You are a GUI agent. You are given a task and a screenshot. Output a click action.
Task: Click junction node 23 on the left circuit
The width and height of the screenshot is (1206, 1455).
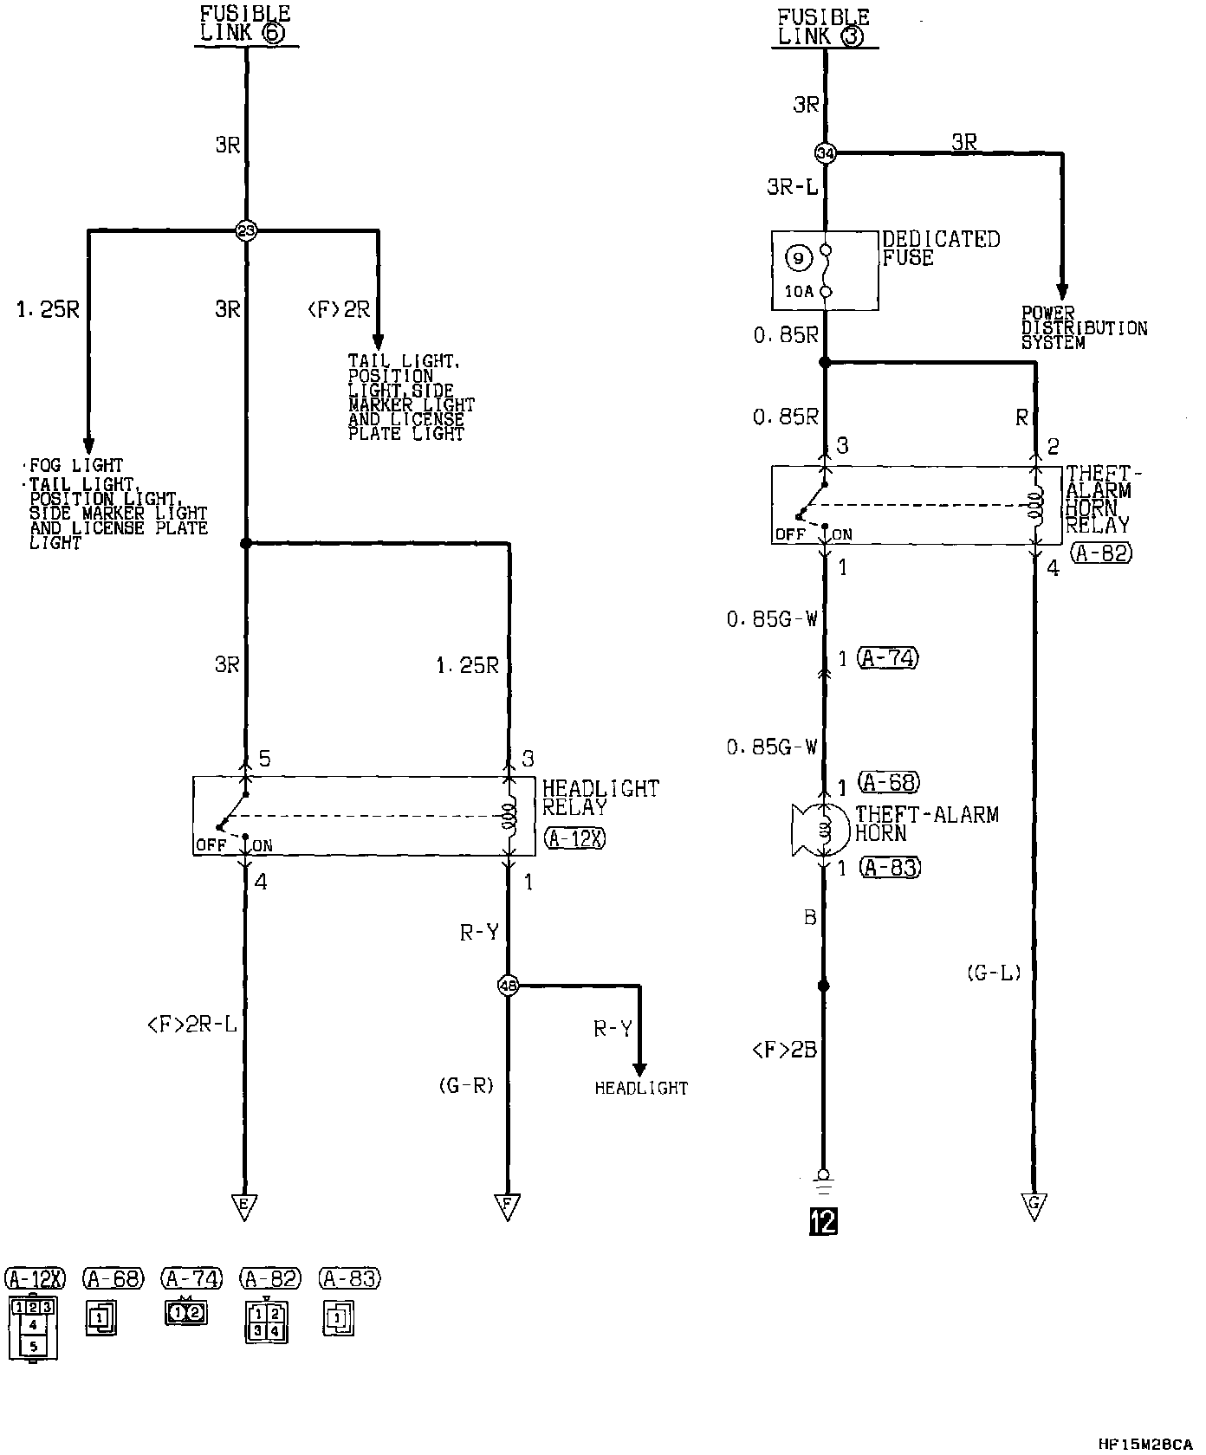pos(246,230)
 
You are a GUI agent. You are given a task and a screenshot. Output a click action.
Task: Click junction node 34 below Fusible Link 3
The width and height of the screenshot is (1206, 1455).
pos(825,153)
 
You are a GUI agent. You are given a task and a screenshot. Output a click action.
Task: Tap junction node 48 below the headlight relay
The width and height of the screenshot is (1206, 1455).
pos(508,985)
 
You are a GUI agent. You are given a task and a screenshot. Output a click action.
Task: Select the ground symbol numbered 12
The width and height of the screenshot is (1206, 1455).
pos(823,1221)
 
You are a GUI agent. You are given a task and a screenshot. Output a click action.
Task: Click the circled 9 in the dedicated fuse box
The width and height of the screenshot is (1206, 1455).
pos(799,258)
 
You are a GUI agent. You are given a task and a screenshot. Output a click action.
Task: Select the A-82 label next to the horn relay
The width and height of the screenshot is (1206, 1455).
pos(1101,553)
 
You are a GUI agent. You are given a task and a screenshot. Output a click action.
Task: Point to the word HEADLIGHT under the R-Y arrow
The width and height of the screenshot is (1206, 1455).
pos(641,1089)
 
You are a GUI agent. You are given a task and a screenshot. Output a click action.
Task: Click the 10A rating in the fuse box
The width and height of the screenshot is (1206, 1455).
pos(799,292)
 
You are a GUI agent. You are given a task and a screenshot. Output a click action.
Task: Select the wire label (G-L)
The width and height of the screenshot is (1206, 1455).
pos(994,973)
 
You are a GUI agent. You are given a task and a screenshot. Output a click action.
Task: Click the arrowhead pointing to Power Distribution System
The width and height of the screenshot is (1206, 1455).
pos(1062,292)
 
